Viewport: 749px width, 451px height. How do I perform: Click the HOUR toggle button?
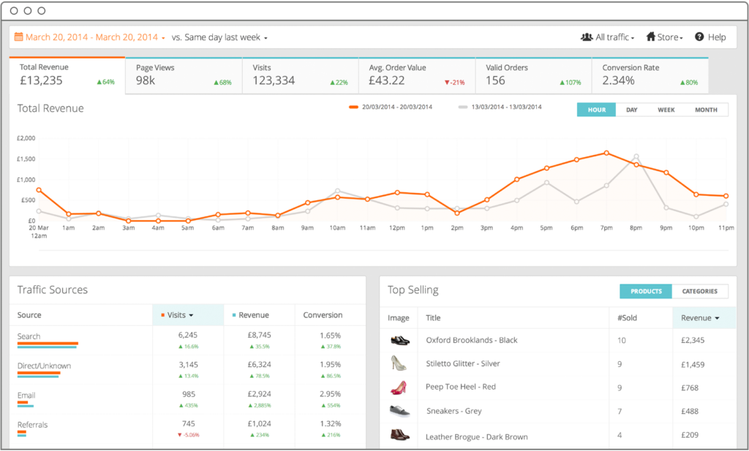(x=596, y=110)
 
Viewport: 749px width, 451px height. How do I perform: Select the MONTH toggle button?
(x=705, y=110)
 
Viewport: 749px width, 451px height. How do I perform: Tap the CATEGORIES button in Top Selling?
(x=699, y=291)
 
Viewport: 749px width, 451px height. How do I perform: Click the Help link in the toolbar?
(x=710, y=37)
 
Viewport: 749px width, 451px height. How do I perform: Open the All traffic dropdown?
(x=607, y=37)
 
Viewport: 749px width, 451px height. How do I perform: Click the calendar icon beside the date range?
(x=19, y=37)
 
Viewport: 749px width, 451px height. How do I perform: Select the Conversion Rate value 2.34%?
(x=618, y=80)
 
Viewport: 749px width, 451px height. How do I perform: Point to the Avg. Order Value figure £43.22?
(x=387, y=80)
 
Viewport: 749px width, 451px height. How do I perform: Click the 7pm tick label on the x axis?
(x=606, y=228)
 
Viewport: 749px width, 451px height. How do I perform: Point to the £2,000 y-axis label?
(x=26, y=137)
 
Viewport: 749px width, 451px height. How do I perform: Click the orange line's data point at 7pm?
(x=606, y=153)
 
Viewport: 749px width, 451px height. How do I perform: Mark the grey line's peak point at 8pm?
(x=636, y=156)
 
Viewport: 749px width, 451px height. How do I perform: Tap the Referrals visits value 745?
(x=188, y=423)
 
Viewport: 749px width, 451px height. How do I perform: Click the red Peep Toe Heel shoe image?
(x=399, y=387)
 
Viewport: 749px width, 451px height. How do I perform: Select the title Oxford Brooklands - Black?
(x=472, y=340)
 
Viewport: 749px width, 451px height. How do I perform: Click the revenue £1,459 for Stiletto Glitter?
(x=693, y=364)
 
